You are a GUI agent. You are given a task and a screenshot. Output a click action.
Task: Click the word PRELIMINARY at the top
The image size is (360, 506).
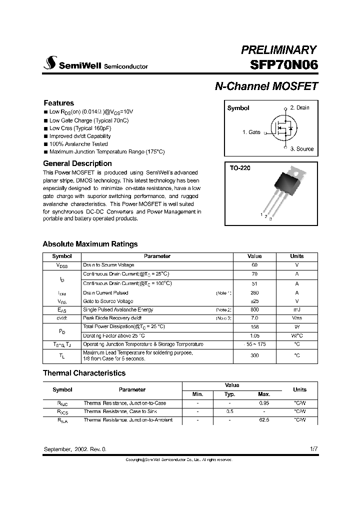point(278,50)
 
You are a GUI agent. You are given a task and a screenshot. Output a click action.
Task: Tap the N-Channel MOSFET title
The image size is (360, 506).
point(266,86)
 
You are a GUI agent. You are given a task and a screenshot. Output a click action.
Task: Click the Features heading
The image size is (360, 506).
point(58,103)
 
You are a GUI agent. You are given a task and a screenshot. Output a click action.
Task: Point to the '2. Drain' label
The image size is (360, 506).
point(299,107)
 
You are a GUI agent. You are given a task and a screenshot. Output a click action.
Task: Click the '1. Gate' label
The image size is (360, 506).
point(251,132)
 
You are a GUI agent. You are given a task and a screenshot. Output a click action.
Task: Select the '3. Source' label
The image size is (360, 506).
point(301,148)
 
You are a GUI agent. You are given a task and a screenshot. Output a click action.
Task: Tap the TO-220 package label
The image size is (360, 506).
point(239,168)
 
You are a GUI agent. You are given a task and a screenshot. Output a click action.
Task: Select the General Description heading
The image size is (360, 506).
point(77,163)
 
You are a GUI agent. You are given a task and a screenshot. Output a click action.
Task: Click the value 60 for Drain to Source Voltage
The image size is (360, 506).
point(254,265)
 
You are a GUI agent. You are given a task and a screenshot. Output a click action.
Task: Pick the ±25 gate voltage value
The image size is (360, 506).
point(254,301)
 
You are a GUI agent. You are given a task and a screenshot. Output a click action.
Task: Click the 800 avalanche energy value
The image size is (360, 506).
point(254,310)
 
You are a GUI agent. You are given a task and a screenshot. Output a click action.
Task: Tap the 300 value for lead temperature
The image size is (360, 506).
point(254,355)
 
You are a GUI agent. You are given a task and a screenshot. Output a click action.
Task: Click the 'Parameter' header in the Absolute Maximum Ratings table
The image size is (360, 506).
point(157,256)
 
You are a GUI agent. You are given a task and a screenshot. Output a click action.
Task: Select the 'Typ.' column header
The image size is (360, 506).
point(229,394)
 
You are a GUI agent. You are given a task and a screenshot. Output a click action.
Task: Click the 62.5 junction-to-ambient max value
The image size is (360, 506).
point(264,420)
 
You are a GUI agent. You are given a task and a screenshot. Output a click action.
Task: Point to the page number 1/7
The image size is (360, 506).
point(313,449)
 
